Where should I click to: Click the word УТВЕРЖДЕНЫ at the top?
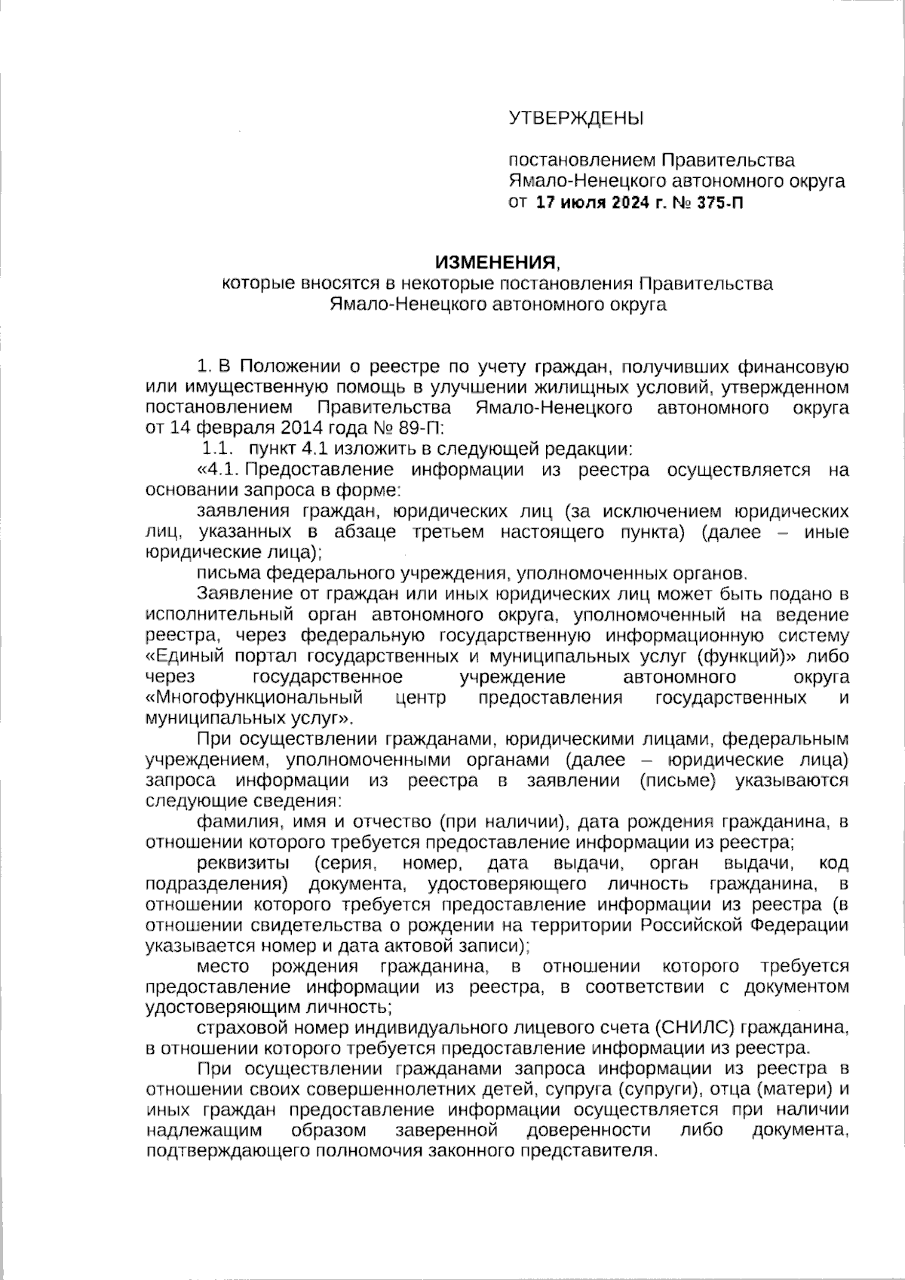576,118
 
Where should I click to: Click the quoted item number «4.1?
218,470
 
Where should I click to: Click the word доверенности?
588,1130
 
